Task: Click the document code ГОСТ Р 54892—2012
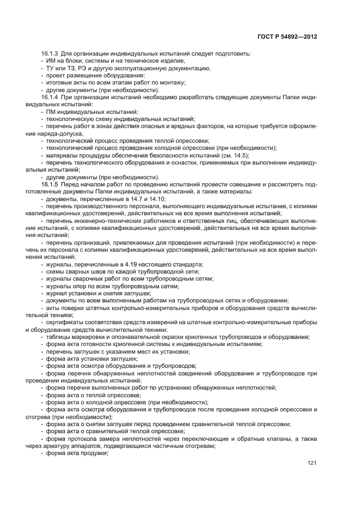288,37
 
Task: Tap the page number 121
312,463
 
